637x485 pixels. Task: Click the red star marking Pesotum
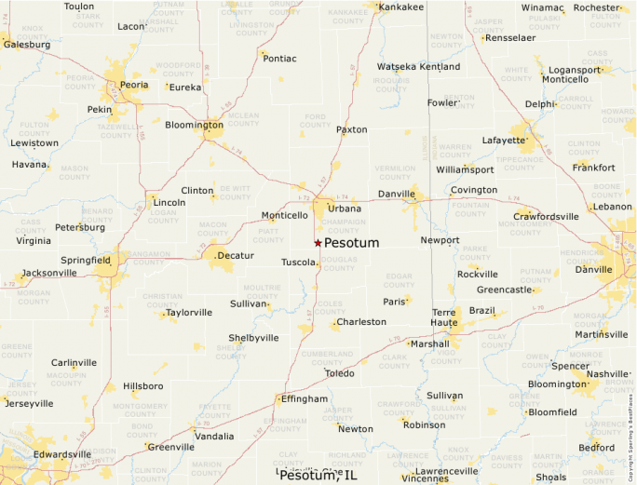click(318, 243)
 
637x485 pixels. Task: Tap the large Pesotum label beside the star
click(351, 243)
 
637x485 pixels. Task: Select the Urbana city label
click(345, 209)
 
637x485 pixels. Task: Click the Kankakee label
click(401, 7)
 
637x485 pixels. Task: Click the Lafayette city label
click(503, 141)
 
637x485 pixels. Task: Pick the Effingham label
click(305, 398)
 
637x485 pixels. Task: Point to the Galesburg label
click(27, 44)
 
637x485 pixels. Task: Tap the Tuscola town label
click(298, 263)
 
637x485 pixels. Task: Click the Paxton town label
click(352, 129)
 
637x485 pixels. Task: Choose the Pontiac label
click(280, 58)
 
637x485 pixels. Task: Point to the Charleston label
click(361, 322)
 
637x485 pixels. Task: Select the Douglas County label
click(339, 263)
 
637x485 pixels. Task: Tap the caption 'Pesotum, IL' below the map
click(318, 476)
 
